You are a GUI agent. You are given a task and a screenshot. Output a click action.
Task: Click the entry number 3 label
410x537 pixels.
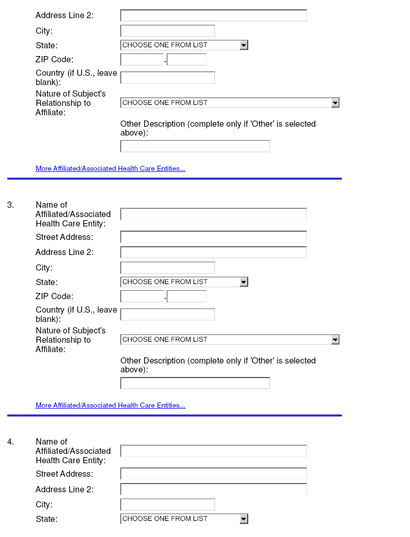pos(10,205)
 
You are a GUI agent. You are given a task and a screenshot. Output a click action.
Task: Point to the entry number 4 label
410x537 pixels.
pos(10,442)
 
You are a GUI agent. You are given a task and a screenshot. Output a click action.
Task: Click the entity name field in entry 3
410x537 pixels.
pos(213,214)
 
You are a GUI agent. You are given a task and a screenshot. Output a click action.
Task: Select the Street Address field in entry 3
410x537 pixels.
pos(213,237)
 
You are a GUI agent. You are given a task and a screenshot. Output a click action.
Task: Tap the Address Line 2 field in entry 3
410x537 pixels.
pos(213,252)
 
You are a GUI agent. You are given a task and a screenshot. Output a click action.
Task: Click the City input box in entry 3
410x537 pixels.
pos(168,268)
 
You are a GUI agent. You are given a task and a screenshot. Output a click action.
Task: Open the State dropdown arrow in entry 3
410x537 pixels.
pos(244,282)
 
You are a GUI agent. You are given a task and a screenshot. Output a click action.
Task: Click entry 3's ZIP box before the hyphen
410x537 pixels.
pos(142,297)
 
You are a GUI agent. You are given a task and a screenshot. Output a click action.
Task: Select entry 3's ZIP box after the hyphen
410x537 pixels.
pos(187,297)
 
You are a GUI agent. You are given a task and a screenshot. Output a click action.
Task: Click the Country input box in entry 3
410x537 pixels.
pos(168,314)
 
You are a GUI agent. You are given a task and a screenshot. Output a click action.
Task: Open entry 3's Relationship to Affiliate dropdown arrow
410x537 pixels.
pos(335,340)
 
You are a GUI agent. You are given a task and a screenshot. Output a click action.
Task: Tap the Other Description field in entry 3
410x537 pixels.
pos(195,383)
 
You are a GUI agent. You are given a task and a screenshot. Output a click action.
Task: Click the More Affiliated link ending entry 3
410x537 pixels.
pos(110,406)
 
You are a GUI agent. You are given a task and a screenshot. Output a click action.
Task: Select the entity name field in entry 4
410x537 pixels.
pos(213,451)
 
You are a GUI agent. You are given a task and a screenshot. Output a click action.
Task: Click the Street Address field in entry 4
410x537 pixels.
pos(213,474)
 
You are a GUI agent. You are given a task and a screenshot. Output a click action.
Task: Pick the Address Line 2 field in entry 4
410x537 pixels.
pos(213,489)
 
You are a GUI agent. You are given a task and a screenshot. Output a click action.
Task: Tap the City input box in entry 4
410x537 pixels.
pos(168,505)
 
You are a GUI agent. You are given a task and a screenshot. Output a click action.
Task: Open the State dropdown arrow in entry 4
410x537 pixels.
pos(244,519)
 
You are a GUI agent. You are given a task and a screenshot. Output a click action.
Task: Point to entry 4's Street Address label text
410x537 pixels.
pos(65,474)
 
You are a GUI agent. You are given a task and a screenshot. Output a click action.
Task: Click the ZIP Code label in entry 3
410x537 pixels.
pos(54,297)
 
